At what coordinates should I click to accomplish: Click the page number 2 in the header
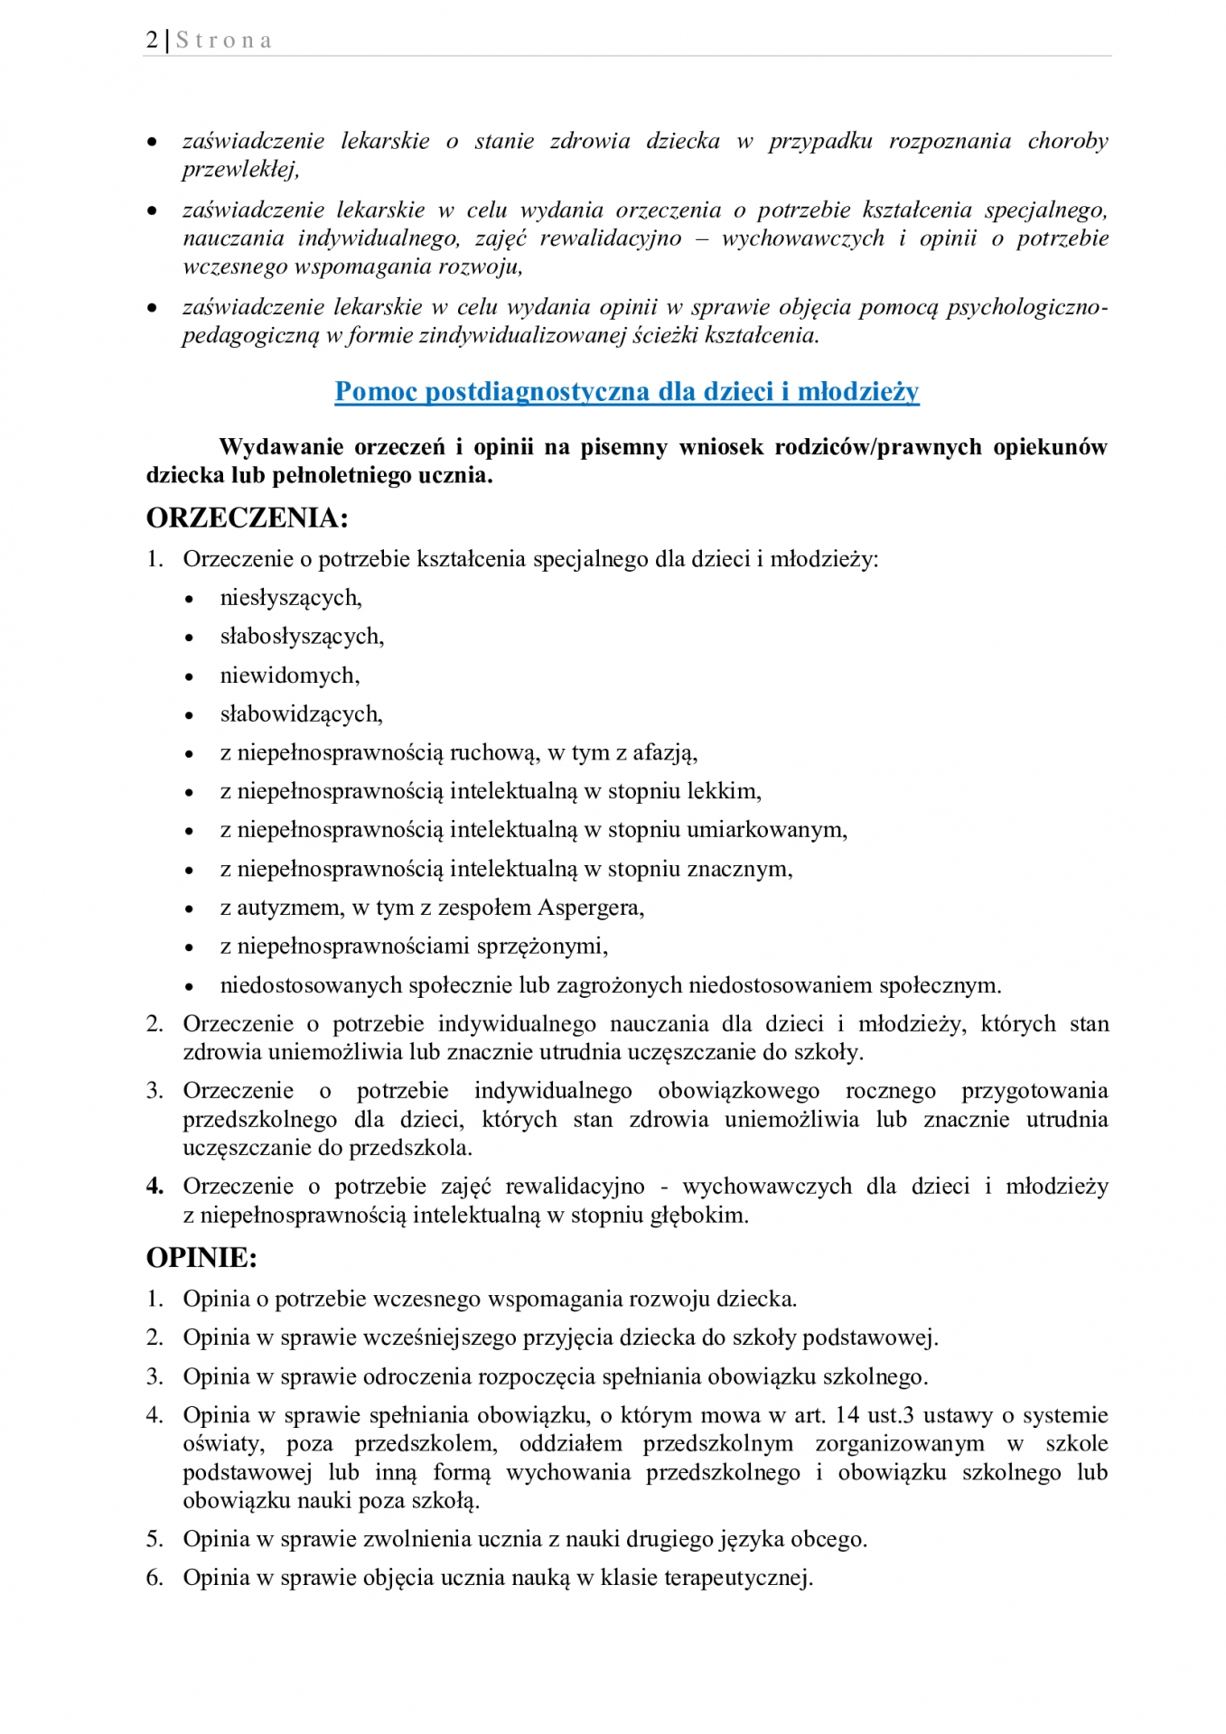coord(152,41)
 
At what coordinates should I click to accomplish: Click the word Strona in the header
coord(224,41)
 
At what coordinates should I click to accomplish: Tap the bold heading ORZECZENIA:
coord(247,518)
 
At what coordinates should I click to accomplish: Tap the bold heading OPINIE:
coord(201,1258)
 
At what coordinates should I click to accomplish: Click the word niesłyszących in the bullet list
coord(290,598)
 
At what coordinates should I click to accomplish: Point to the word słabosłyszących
coord(301,637)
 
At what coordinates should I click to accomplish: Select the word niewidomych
coord(289,676)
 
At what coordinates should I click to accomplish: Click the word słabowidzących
coord(301,714)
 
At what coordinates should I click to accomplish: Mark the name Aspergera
coord(591,908)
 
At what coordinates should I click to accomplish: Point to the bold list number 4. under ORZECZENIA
coord(154,1187)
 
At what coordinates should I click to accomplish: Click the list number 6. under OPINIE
coord(154,1578)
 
